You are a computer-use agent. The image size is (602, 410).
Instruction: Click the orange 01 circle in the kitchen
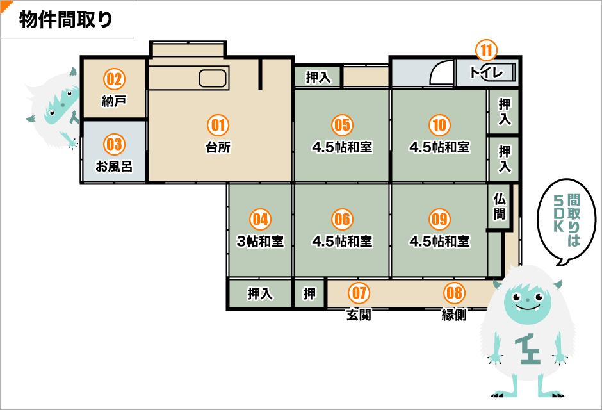coord(218,124)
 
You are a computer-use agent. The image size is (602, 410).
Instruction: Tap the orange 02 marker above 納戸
coord(114,79)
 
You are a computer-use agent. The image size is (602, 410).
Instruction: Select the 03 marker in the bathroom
coord(114,144)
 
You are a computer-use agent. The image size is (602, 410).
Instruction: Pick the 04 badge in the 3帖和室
coord(260,219)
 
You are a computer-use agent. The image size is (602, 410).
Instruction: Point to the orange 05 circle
coord(343,124)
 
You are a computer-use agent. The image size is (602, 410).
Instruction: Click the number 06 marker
coord(343,219)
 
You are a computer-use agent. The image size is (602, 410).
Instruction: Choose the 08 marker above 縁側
coord(454,293)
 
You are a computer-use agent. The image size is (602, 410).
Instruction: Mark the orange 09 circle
coord(439,219)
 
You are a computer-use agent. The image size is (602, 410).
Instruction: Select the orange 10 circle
coord(439,124)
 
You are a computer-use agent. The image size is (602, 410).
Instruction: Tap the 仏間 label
coord(500,206)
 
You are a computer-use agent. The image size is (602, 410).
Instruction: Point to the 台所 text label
coord(218,147)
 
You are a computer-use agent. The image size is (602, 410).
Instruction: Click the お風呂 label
coord(114,167)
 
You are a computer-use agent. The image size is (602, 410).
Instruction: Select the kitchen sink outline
coord(213,79)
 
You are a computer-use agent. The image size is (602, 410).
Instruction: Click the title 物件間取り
coord(66,20)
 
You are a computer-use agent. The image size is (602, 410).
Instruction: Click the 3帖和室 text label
coord(260,242)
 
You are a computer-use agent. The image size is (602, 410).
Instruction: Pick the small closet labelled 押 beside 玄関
coord(310,294)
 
